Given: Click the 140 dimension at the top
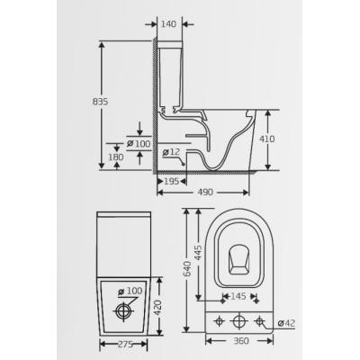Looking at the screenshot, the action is pos(169,24).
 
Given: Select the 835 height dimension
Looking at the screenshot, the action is pos(100,102).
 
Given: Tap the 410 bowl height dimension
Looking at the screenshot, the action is pos(267,139).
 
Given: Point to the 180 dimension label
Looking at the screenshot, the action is pos(116,157).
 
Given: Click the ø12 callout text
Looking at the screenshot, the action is pos(171,152).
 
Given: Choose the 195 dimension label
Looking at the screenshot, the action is pos(172,181).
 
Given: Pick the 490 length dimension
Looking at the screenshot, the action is pos(206,192).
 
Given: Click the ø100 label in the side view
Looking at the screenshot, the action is pos(139,144).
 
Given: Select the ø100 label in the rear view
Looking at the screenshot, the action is pos(130,291).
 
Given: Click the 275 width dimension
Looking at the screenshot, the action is pos(124,345).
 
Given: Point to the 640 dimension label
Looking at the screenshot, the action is pos(186,268).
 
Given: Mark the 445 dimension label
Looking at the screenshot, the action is pos(198,254).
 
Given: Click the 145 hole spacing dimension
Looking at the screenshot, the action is pos(238,296).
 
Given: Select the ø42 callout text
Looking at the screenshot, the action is pos(286,323).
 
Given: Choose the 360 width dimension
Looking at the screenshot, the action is pos(240,341).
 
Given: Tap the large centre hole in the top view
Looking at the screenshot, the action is pos(238,321).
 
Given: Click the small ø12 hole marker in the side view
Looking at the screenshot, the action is pos(183,164).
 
